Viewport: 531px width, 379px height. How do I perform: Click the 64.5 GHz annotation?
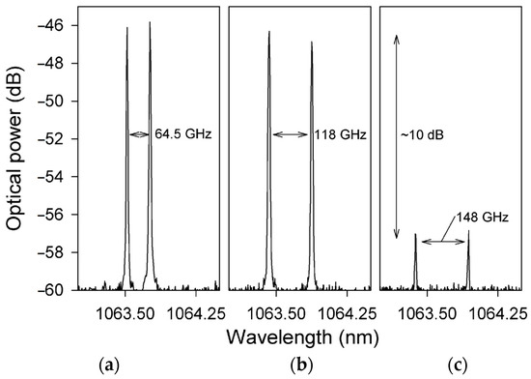click(x=181, y=135)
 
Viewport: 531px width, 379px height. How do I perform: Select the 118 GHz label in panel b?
click(x=333, y=135)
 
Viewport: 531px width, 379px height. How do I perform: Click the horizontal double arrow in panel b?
click(x=290, y=135)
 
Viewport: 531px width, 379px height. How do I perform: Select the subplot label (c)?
click(x=451, y=364)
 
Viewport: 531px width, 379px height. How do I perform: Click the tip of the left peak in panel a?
click(x=126, y=28)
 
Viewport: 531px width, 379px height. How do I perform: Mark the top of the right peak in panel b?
click(x=312, y=42)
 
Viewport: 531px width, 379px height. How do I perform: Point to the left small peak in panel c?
click(x=415, y=235)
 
